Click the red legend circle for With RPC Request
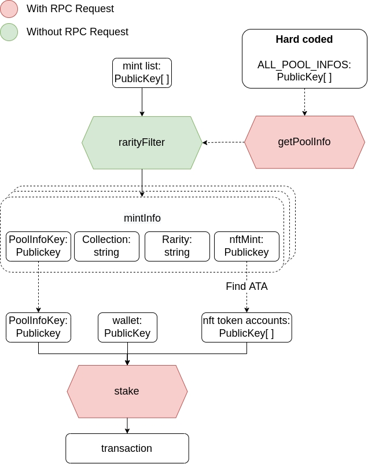coord(9,9)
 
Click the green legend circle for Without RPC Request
coord(9,32)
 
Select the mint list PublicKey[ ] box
coord(142,72)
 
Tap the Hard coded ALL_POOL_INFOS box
coord(304,59)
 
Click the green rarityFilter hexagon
coord(142,142)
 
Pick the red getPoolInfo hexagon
coord(304,142)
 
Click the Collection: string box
coord(106,246)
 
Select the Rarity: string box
coord(176,246)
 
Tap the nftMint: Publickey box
coord(246,246)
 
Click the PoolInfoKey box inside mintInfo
coord(38,246)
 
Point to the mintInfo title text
coord(142,218)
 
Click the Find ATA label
coord(246,286)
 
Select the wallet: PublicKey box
coord(127,327)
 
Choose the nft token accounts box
coord(246,327)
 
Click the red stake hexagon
coord(127,391)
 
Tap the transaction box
coord(127,448)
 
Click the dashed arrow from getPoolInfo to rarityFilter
coord(223,142)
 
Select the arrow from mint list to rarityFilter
coord(142,102)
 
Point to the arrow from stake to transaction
coord(127,425)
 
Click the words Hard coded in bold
coord(304,40)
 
